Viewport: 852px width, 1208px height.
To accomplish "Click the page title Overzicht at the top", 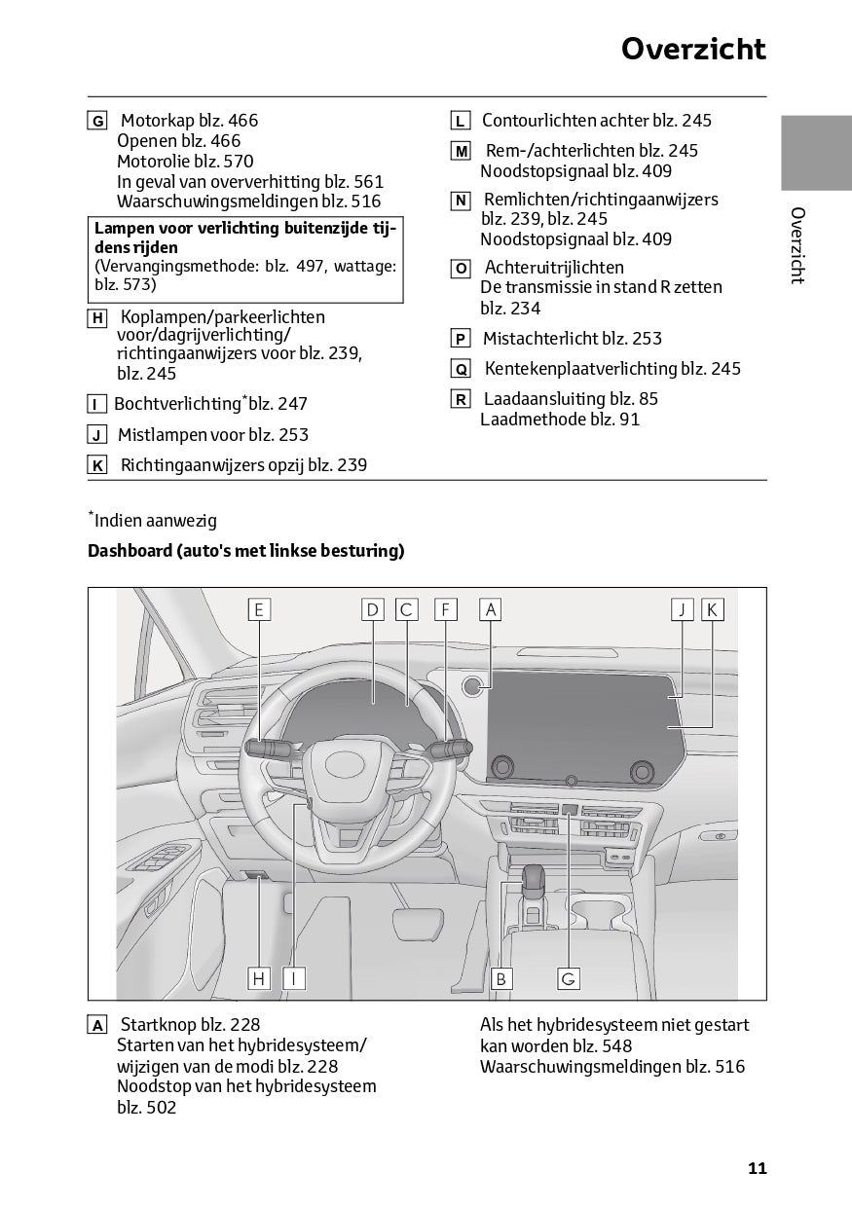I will (x=693, y=49).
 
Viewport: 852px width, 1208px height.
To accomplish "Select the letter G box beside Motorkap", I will (x=97, y=122).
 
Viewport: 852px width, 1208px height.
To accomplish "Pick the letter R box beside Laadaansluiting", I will (x=461, y=399).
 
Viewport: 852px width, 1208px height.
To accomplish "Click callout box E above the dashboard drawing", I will (x=259, y=609).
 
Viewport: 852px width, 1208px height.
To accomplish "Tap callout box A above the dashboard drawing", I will (x=491, y=609).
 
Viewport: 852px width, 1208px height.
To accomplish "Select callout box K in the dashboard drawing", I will (x=712, y=609).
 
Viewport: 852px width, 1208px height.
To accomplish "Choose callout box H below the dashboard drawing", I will (x=259, y=978).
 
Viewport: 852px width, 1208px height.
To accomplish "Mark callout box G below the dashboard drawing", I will (x=569, y=978).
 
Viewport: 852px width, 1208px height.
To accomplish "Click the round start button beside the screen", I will (x=473, y=687).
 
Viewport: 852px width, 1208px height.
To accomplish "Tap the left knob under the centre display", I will (x=502, y=767).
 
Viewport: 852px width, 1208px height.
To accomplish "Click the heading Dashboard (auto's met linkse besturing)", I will (x=245, y=551).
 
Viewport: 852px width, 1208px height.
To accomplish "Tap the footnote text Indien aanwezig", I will (x=156, y=521).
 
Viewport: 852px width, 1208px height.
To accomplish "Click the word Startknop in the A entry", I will (x=156, y=1024).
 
